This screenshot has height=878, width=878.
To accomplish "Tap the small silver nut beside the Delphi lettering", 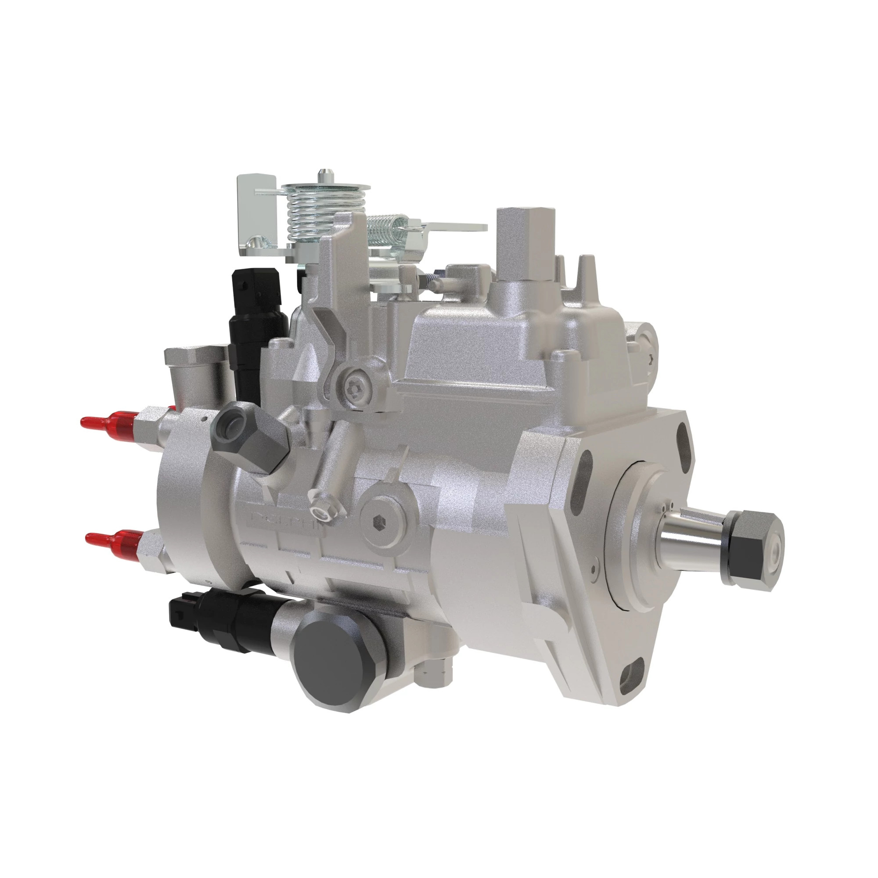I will tap(322, 500).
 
